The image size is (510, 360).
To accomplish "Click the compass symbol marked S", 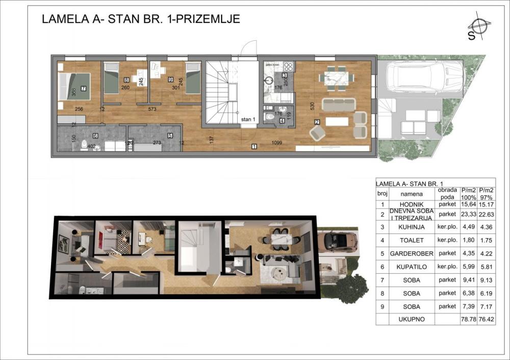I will pyautogui.click(x=478, y=28).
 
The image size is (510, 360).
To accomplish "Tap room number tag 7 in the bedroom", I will pyautogui.click(x=83, y=88).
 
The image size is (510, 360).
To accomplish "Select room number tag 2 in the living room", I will pyautogui.click(x=317, y=122).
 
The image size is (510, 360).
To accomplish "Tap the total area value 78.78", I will pyautogui.click(x=468, y=320).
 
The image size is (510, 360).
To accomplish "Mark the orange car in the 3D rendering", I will pyautogui.click(x=339, y=242).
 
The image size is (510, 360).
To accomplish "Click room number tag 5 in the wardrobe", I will pyautogui.click(x=170, y=136).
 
